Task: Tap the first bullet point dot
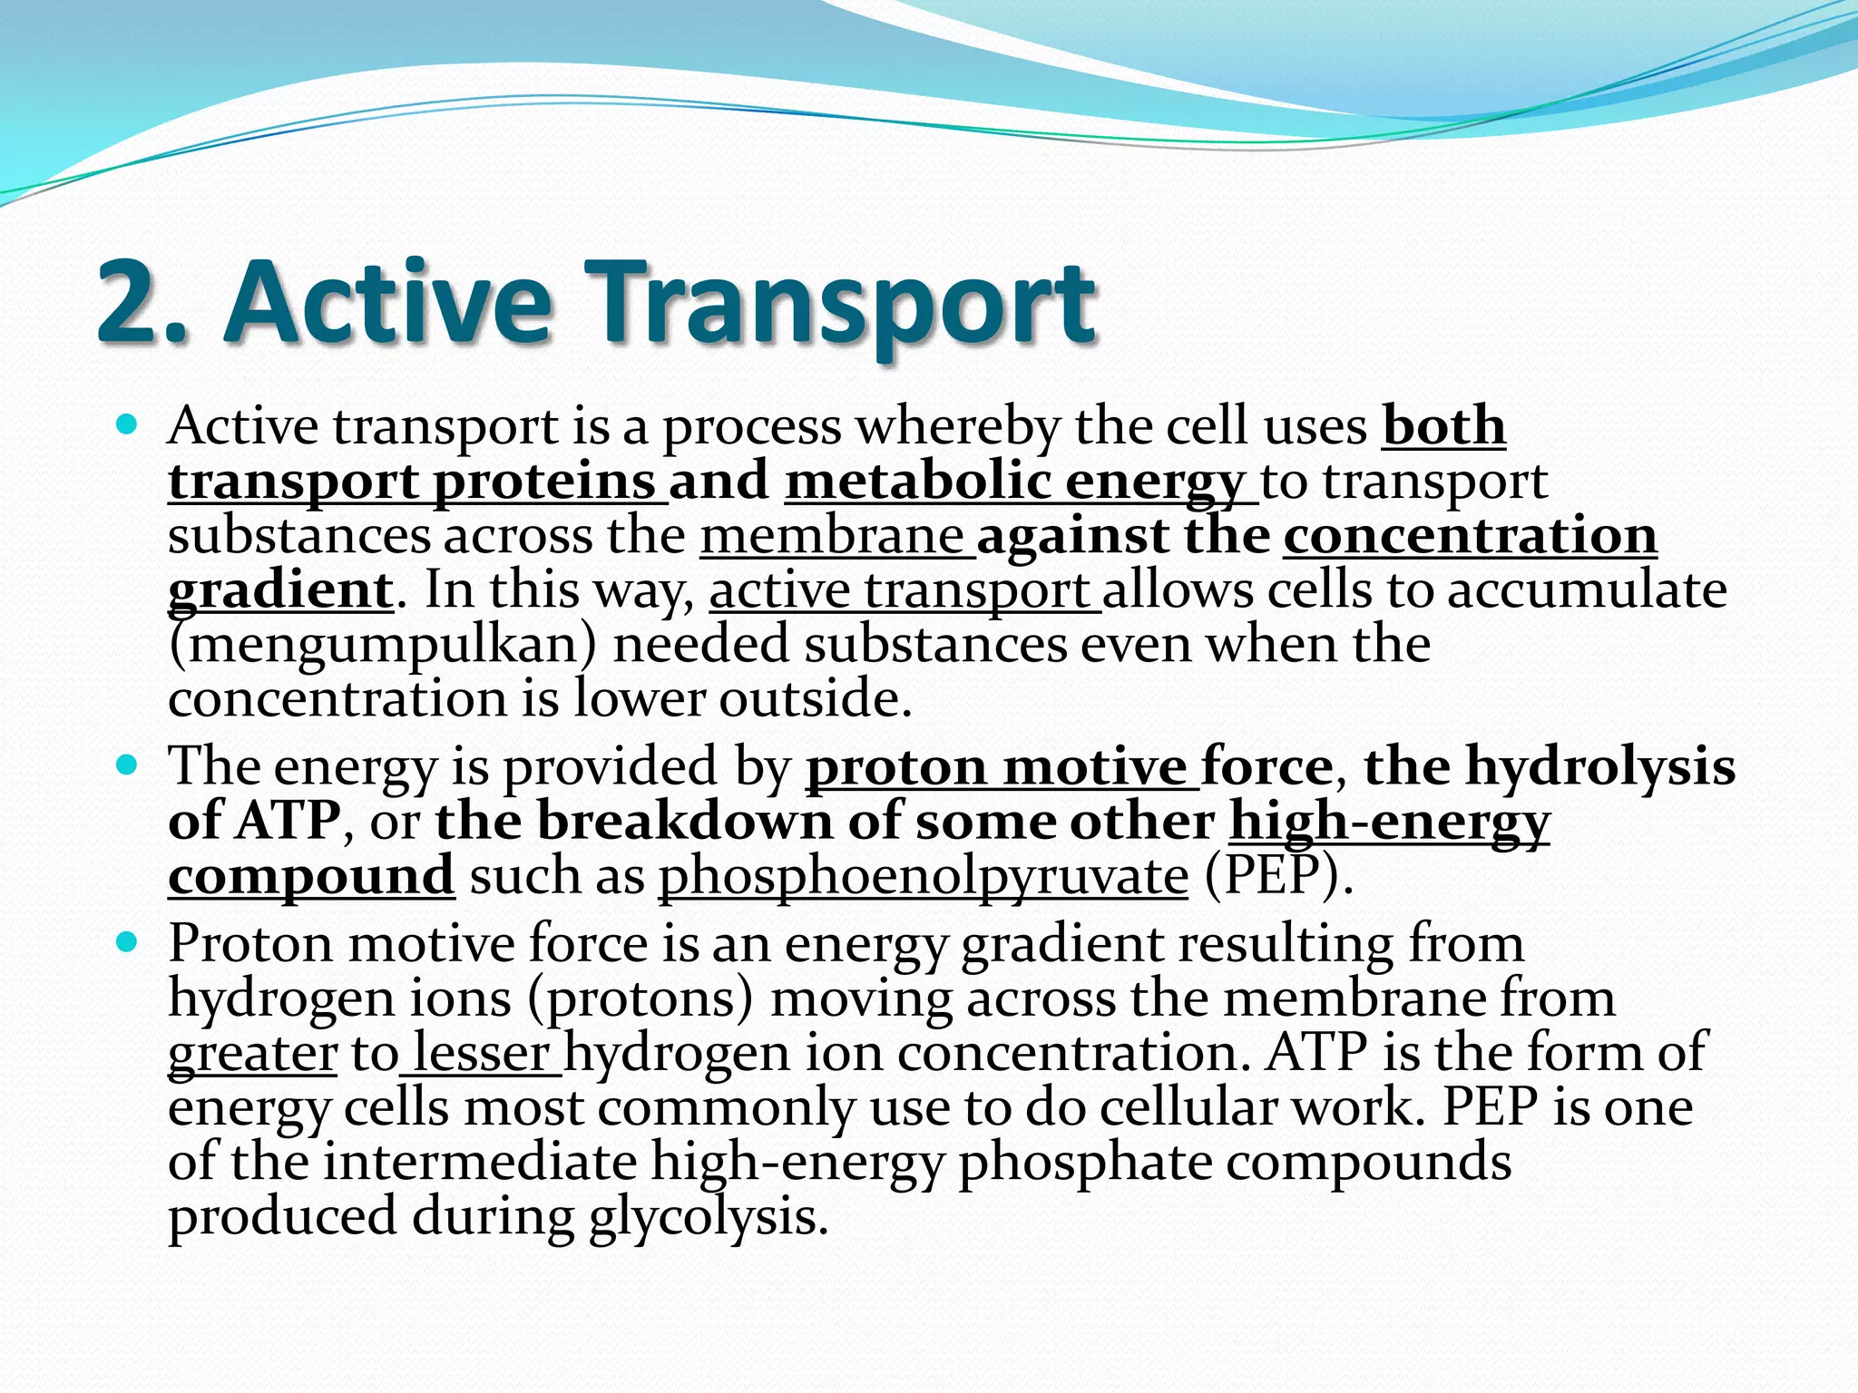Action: point(127,424)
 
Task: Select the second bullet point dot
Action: point(127,765)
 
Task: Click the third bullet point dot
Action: point(127,942)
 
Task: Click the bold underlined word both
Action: point(1443,425)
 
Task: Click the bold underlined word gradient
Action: point(280,590)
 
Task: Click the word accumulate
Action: point(1587,590)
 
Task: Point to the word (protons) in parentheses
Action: point(641,998)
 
